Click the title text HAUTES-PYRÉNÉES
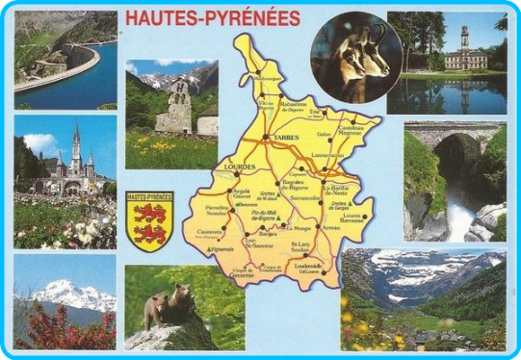point(226,18)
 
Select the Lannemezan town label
point(327,155)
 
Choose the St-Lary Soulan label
point(305,246)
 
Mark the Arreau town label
point(331,227)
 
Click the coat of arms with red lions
point(151,222)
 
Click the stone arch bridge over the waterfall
point(454,136)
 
